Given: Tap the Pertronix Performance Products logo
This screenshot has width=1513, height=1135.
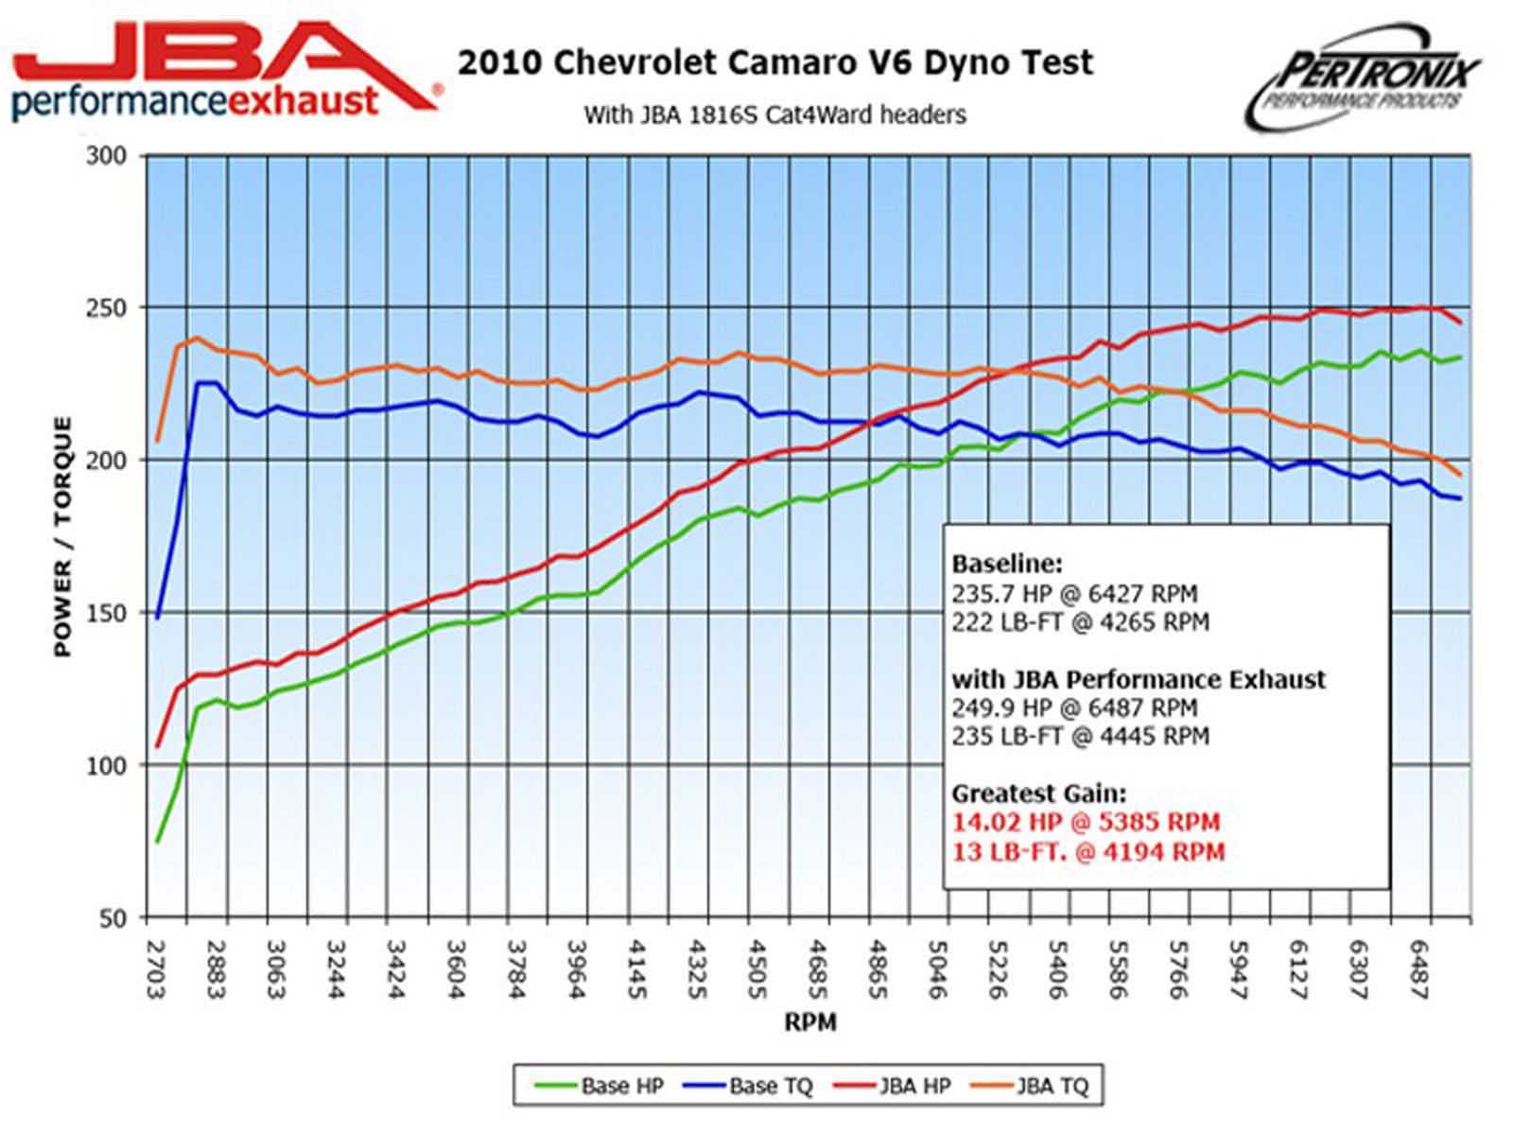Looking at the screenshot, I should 1362,79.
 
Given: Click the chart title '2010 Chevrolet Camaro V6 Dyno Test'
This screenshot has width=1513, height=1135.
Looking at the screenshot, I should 775,62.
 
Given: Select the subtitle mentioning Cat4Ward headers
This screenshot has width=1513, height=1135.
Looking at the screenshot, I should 774,115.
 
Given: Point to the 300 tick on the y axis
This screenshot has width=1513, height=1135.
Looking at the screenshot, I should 106,156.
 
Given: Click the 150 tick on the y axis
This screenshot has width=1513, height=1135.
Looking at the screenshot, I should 106,613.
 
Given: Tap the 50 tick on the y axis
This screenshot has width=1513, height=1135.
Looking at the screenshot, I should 111,918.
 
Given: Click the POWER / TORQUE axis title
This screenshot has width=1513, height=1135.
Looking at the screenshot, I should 62,536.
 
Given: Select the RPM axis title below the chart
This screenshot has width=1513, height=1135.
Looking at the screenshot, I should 809,1022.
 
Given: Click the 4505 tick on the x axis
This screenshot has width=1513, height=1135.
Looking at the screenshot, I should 755,969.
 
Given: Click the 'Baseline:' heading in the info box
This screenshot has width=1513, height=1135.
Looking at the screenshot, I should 1006,565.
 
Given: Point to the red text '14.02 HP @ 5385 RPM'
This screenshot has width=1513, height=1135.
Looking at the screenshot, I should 1086,822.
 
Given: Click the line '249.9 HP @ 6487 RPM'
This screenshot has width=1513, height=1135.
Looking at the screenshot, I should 1074,707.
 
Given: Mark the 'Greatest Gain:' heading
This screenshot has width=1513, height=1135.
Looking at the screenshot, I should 1038,794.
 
